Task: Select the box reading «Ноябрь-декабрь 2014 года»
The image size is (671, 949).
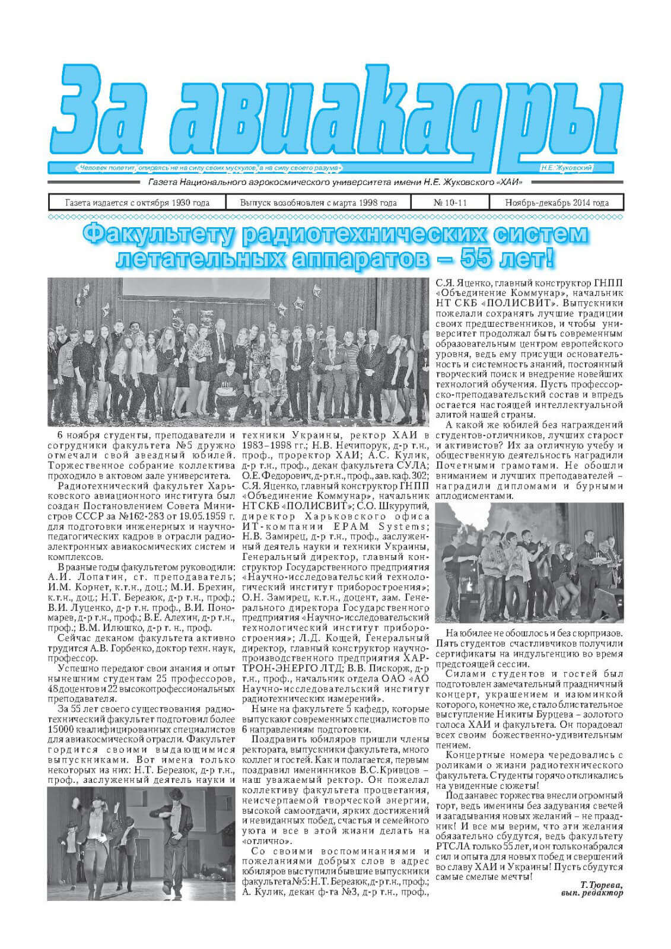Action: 556,203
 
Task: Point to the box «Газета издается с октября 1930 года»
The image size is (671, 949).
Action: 137,203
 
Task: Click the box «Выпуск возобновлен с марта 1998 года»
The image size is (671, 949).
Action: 318,203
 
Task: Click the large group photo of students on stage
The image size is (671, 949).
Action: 237,354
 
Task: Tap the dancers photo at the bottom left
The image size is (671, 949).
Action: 142,839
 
